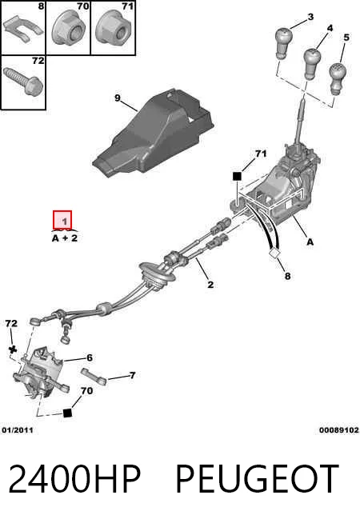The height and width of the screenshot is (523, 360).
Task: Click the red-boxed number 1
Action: point(64,221)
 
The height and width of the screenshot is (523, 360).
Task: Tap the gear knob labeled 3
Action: point(283,43)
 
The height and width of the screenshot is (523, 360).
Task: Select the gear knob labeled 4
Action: point(312,63)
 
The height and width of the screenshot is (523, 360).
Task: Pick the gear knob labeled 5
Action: point(338,78)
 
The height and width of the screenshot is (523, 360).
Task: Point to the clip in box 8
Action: point(22,29)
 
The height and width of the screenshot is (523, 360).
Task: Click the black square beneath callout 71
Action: point(237,176)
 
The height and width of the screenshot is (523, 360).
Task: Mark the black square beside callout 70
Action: point(67,413)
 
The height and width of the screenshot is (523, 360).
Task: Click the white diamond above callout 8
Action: point(274,254)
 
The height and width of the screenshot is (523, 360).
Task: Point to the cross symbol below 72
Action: point(13,349)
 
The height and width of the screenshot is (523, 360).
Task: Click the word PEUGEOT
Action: point(257,479)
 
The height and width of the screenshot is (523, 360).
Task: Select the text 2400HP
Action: point(74,479)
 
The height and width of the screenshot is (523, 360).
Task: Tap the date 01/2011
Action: point(18,430)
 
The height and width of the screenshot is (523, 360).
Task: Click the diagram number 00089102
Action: point(339,430)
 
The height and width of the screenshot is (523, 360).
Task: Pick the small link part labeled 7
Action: point(94,376)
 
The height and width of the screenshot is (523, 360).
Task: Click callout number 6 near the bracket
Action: point(89,358)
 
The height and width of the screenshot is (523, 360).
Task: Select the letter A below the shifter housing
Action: point(310,242)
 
